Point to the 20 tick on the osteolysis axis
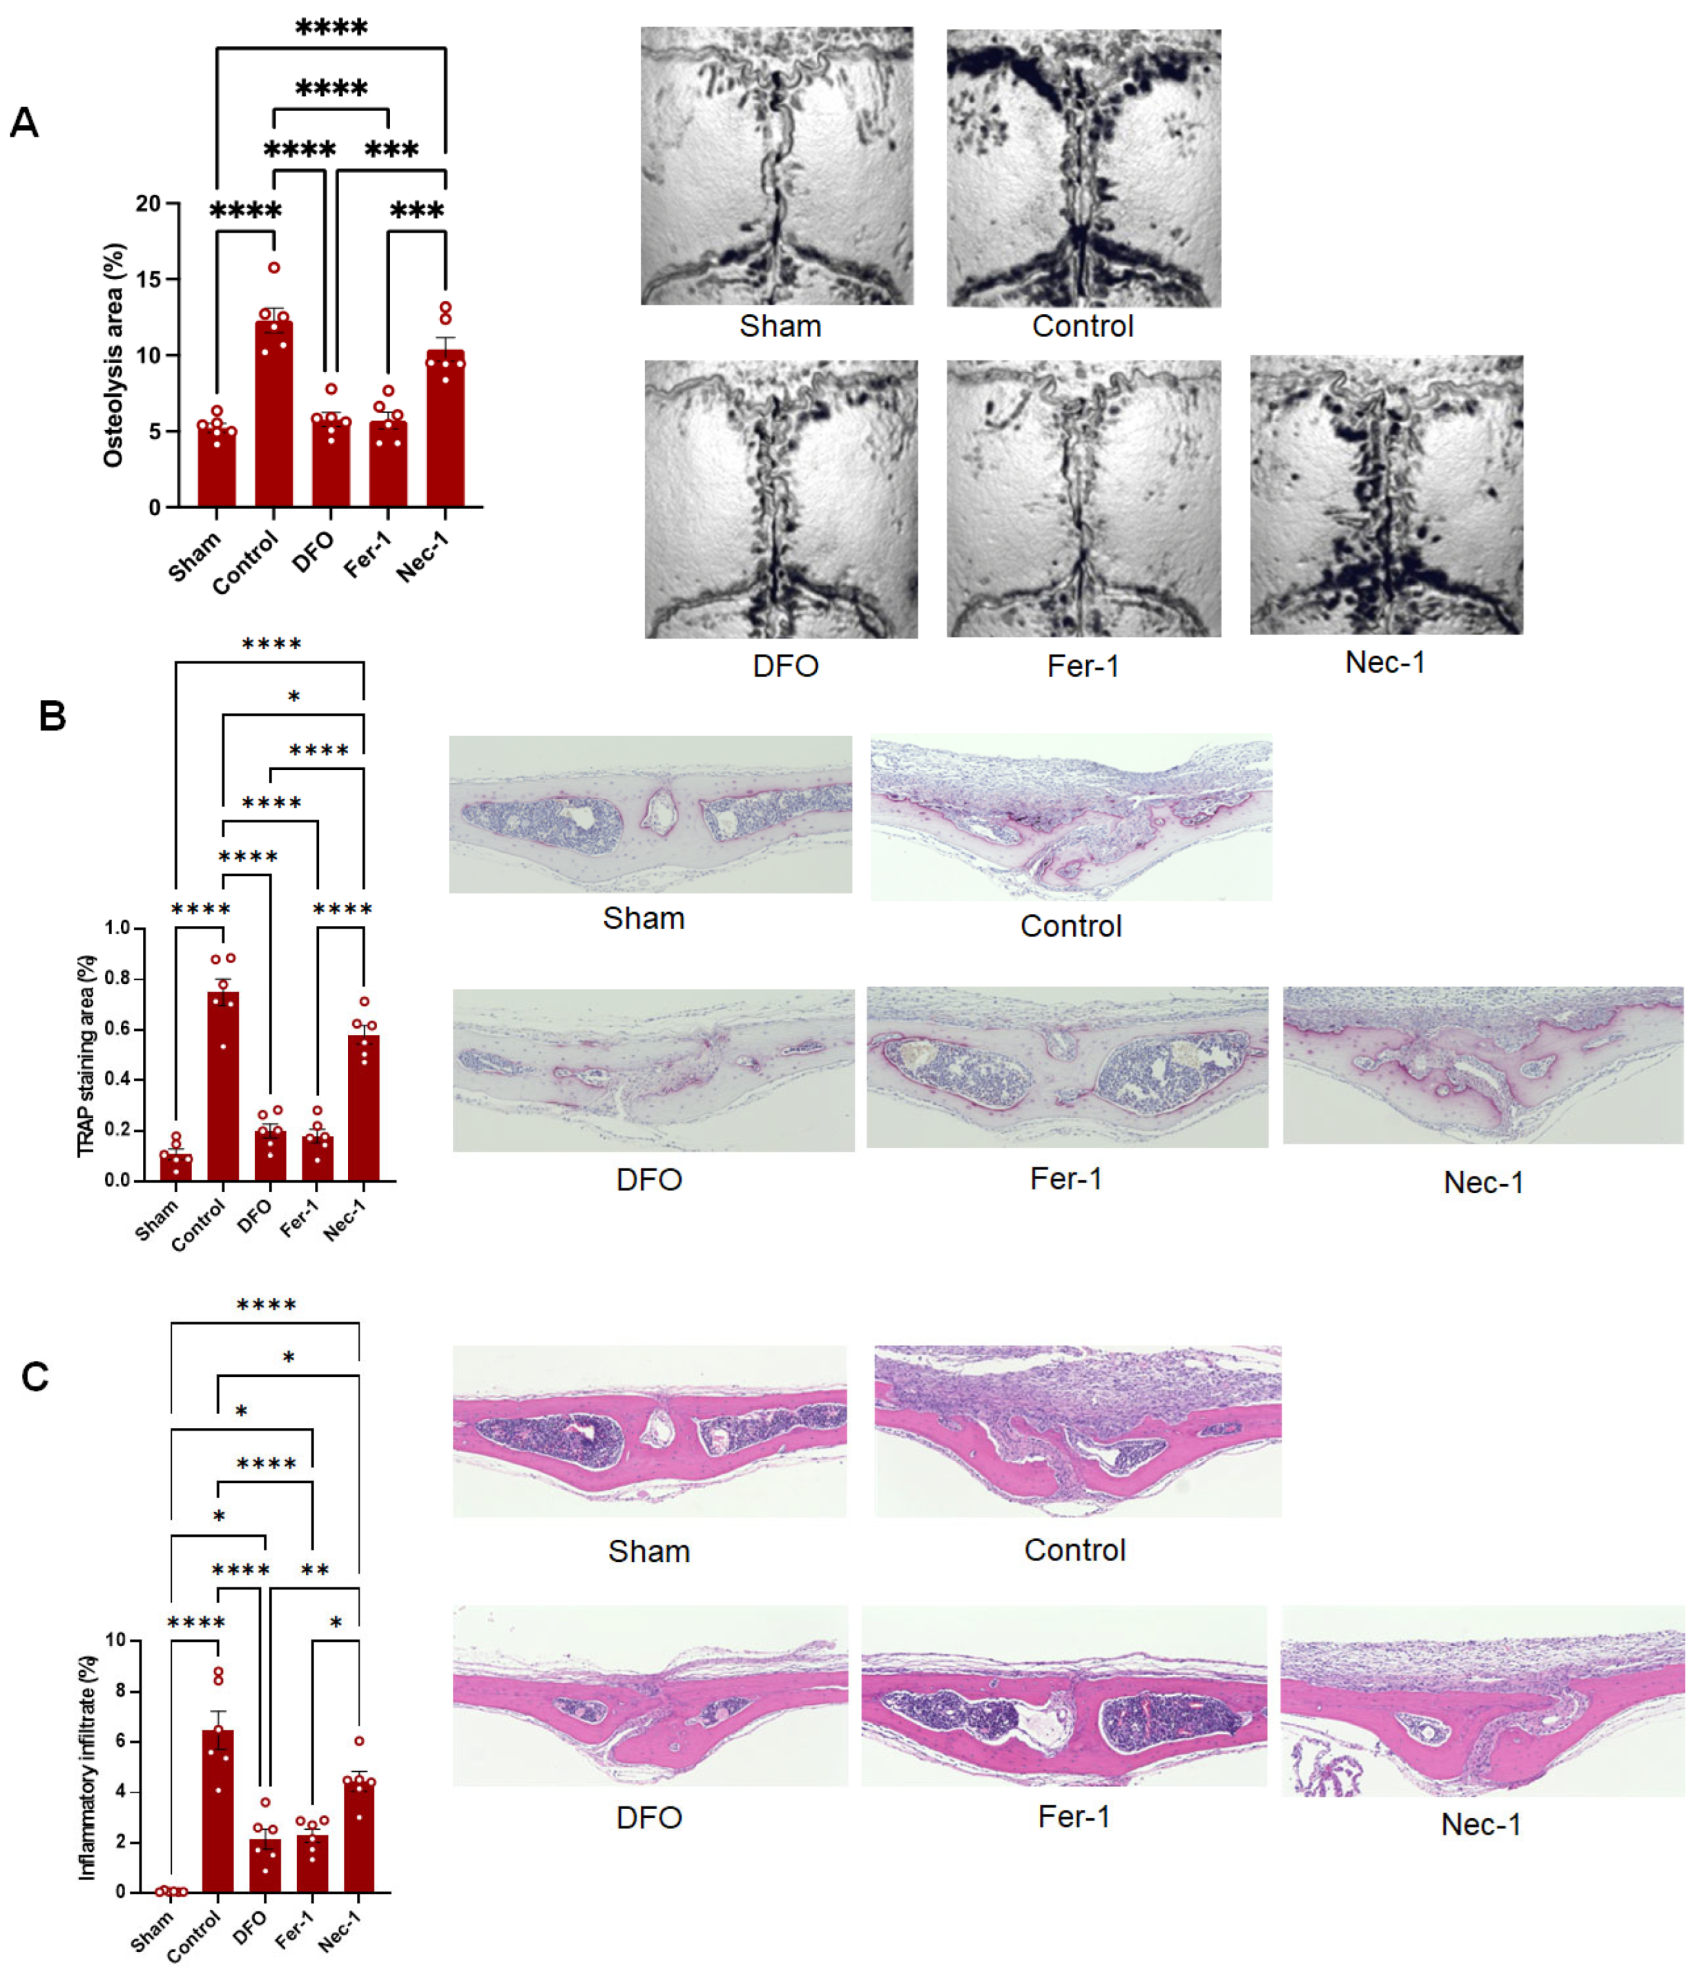pos(149,204)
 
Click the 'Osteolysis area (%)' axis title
pos(114,356)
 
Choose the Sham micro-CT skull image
pos(776,166)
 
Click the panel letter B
pos(52,716)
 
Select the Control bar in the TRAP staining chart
pos(224,1086)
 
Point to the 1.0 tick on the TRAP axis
pos(117,928)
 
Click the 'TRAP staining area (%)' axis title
pos(87,1056)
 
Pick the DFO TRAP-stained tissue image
pos(653,1070)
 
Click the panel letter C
pos(35,1377)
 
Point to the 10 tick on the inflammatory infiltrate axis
pos(116,1641)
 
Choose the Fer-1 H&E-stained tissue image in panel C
pos(1063,1697)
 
